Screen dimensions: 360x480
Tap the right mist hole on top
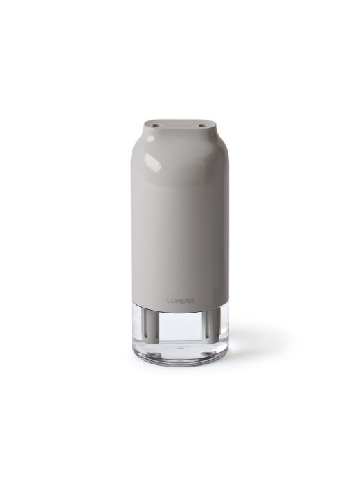(202, 125)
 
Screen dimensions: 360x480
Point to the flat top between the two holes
(179, 125)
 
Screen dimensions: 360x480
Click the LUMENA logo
(180, 301)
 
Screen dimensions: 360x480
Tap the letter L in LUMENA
(168, 301)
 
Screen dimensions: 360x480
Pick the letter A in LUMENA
(192, 301)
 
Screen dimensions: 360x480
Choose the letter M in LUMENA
(178, 301)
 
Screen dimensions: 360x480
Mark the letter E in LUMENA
(183, 301)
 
